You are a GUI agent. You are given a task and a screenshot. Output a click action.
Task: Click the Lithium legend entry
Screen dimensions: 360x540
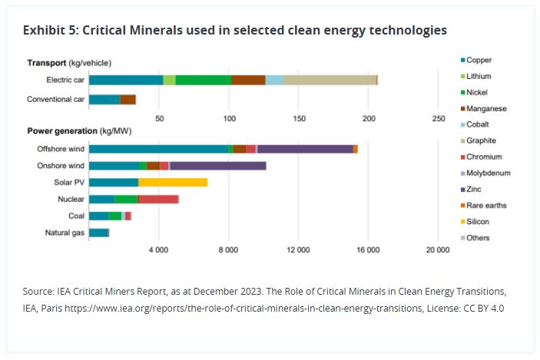[x=478, y=76]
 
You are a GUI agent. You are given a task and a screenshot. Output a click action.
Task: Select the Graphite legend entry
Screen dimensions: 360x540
[x=480, y=140]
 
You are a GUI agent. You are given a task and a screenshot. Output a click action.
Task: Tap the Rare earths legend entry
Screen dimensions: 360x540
[x=485, y=205]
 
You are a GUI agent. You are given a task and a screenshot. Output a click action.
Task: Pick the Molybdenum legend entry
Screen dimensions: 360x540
[x=487, y=173]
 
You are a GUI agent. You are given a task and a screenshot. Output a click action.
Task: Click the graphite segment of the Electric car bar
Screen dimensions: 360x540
[x=330, y=79]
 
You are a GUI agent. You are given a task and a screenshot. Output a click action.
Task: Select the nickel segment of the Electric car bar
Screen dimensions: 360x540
[x=203, y=79]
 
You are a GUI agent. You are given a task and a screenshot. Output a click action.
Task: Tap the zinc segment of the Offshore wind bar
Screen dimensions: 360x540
[x=304, y=149]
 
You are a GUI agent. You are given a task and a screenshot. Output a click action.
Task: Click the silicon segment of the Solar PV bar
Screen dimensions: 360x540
[x=173, y=182]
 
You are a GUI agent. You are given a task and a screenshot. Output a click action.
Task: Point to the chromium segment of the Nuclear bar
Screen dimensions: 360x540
[x=158, y=199]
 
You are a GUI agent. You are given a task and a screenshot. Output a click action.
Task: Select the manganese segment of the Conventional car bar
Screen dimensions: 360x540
[x=128, y=100]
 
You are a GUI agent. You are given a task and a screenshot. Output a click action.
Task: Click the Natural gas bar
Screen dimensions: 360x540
[x=99, y=232]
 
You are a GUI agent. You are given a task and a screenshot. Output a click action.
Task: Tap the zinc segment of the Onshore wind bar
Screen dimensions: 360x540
[x=217, y=166]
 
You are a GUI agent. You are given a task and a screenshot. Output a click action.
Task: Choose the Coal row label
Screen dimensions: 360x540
[x=75, y=216]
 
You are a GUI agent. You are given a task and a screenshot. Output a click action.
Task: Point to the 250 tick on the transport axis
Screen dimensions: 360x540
[x=439, y=118]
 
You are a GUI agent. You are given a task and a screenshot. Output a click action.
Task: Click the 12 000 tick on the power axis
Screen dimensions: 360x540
[x=298, y=250]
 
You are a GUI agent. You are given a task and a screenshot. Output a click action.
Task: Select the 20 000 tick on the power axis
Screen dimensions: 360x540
[x=438, y=250]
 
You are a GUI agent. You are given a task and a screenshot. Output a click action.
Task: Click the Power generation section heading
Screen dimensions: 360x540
[x=62, y=131]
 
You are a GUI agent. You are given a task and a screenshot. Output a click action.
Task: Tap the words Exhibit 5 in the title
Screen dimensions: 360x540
[x=49, y=31]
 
